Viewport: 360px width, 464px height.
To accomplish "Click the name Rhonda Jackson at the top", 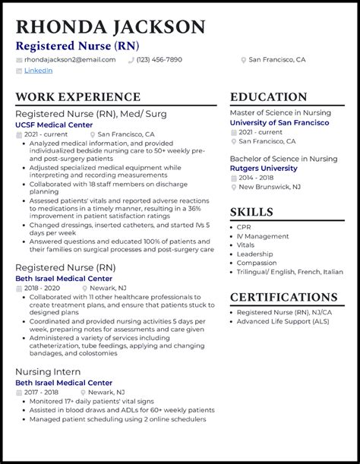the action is point(110,28).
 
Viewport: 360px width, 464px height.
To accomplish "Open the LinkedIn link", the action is point(38,71).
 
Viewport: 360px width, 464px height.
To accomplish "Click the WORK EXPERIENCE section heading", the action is point(77,97).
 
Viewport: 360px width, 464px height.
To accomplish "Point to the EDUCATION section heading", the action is point(269,97).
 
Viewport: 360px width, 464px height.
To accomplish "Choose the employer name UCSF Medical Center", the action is point(55,125).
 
